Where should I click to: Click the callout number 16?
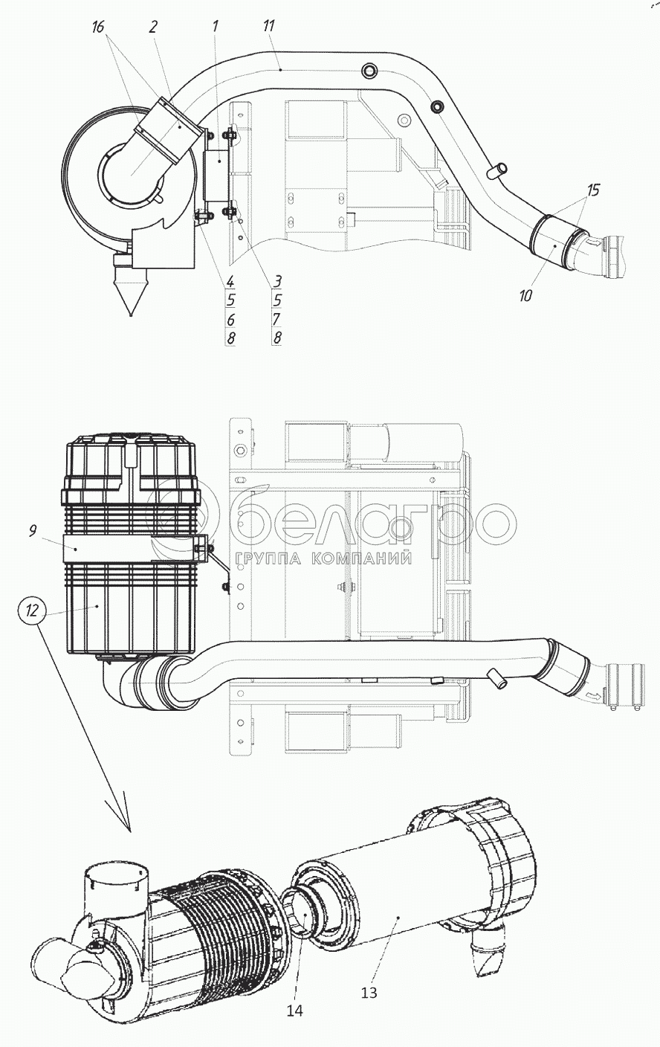tap(97, 27)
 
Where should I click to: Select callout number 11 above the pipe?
tap(268, 26)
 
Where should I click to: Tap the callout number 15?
tap(593, 190)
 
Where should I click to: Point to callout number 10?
tap(525, 295)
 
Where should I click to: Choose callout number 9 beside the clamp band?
tap(32, 531)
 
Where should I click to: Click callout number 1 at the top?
tap(215, 26)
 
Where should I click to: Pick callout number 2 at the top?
tap(153, 27)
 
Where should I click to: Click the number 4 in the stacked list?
tap(230, 281)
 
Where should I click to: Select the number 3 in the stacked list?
tap(277, 281)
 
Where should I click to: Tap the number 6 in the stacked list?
tap(230, 320)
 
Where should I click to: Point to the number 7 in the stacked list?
tap(277, 319)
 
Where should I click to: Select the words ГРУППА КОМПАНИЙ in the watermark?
tap(324, 558)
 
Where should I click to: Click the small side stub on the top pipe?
tap(496, 170)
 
